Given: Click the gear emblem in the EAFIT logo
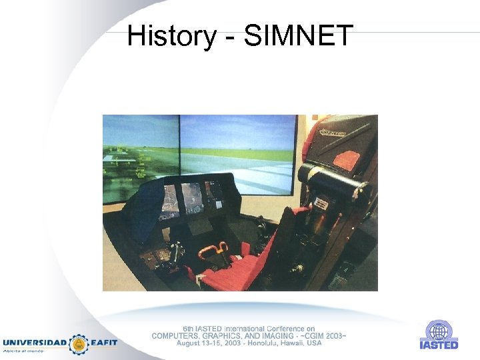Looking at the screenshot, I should point(79,343).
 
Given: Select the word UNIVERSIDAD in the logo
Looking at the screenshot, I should point(35,343).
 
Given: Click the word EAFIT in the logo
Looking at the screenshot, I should point(104,343).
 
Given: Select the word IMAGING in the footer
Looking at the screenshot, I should point(290,335).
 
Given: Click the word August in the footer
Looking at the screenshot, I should point(191,343).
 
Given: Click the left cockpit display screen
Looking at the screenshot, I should point(169,199).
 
